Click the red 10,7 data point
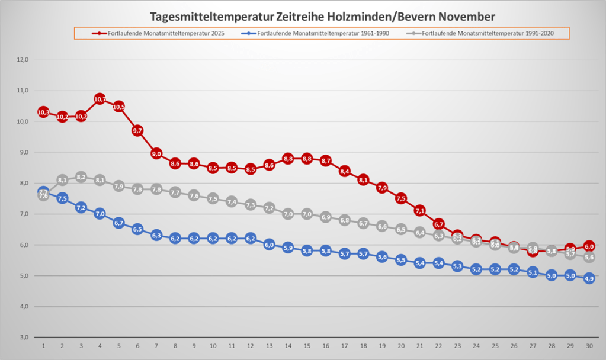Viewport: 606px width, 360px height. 100,99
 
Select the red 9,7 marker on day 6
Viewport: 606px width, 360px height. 137,130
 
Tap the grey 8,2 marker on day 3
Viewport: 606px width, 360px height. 81,177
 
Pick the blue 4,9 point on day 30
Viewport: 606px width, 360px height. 589,278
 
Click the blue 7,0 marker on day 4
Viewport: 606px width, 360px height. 100,214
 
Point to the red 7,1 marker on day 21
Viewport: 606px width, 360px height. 420,210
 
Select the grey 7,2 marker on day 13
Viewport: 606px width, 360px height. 269,208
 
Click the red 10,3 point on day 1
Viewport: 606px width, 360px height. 43,112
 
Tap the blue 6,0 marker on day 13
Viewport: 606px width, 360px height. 269,245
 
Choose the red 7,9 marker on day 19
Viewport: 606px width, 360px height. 382,188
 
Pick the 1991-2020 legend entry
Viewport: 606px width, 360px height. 486,33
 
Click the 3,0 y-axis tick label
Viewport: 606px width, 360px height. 23,337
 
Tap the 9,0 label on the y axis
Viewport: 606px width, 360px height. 23,152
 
